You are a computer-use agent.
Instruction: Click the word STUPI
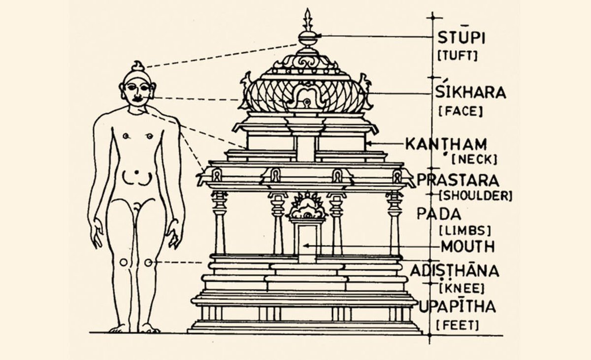click(x=461, y=38)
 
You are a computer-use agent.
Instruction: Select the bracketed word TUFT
click(x=458, y=56)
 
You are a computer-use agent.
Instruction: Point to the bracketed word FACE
click(x=460, y=111)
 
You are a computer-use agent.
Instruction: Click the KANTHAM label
click(x=446, y=144)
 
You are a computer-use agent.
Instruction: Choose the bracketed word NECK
click(x=474, y=159)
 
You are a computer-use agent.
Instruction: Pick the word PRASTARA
click(x=458, y=180)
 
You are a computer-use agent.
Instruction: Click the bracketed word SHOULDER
click(x=476, y=196)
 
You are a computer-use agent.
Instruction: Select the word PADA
click(x=439, y=214)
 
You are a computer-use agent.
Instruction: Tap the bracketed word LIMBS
click(x=465, y=231)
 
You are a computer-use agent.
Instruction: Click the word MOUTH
click(x=468, y=247)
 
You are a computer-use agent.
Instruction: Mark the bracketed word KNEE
click(x=462, y=289)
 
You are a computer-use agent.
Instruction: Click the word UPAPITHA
click(x=458, y=306)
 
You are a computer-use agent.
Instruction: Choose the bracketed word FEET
click(x=457, y=326)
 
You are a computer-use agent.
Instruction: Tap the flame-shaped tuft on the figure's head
click(x=138, y=66)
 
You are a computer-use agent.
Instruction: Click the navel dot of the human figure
click(x=136, y=172)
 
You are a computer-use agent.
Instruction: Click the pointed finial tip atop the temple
click(x=307, y=9)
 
